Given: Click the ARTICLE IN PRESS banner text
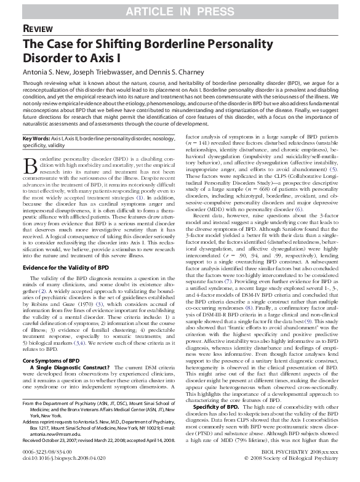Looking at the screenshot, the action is coord(180,9).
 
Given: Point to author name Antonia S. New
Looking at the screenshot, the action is coord(46,71).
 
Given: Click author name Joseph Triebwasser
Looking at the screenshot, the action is coord(105,71).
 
